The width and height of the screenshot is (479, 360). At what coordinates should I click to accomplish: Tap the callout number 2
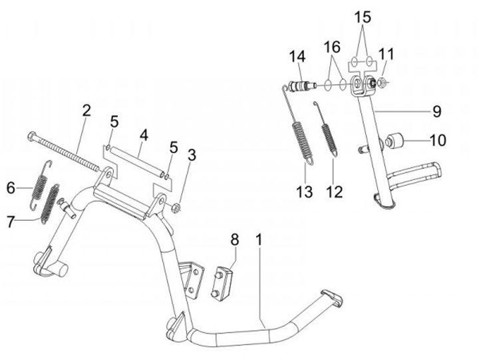[x=86, y=111]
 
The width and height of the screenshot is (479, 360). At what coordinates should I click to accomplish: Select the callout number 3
[x=192, y=156]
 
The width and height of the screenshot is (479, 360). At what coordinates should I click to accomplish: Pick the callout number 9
[x=437, y=110]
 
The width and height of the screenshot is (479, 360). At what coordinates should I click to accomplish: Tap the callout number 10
[x=438, y=140]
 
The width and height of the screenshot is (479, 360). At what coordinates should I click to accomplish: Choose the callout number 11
[x=387, y=53]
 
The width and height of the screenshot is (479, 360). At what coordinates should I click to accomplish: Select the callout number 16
[x=332, y=47]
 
